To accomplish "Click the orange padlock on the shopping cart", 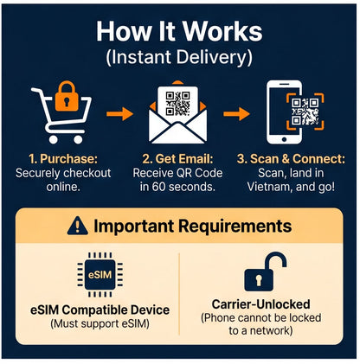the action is (x=67, y=97).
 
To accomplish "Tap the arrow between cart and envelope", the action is (x=119, y=113).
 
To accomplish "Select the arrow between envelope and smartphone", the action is (x=236, y=113).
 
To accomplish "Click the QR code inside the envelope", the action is (x=177, y=104).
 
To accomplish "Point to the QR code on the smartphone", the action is (x=305, y=112).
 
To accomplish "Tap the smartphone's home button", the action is (x=284, y=139).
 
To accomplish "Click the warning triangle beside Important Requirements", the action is (x=77, y=226).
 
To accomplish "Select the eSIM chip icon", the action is (x=100, y=275).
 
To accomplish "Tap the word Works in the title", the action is (x=222, y=31).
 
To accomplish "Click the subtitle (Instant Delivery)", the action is (x=179, y=57).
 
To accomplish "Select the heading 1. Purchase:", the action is (x=63, y=159).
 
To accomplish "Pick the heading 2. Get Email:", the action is (x=177, y=159).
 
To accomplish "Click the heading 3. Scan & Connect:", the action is (x=291, y=159).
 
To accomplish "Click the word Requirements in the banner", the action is (x=235, y=227).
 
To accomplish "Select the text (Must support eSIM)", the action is (x=100, y=323).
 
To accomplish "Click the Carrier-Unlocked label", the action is (x=260, y=304).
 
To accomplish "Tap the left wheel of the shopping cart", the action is (x=54, y=139).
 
